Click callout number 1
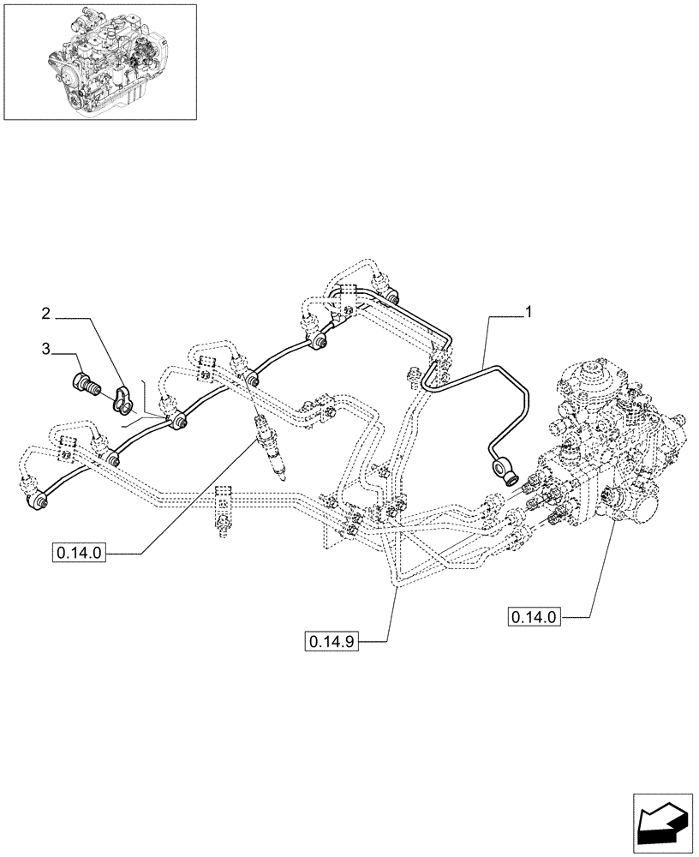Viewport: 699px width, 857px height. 529,313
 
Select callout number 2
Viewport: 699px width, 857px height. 46,314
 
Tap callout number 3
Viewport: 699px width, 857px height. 46,349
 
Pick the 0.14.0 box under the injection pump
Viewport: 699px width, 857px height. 533,615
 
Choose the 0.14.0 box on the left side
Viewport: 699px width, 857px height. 79,553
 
